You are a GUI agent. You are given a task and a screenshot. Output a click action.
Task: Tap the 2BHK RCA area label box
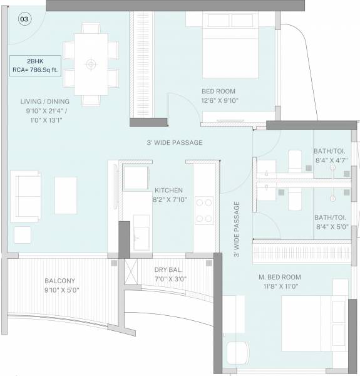click(35, 65)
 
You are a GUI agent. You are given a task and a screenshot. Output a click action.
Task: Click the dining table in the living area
click(91, 64)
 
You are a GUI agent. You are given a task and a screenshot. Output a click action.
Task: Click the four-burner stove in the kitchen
click(204, 210)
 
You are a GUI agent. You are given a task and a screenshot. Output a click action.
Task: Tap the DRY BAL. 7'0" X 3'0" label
click(170, 274)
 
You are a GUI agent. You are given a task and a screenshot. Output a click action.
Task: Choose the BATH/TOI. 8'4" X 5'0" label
click(331, 222)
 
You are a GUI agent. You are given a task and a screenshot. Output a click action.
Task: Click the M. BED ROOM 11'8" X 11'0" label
click(280, 281)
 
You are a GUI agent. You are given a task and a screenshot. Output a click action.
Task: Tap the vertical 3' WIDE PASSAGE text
click(237, 229)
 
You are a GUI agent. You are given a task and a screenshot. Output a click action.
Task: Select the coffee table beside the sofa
click(66, 195)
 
